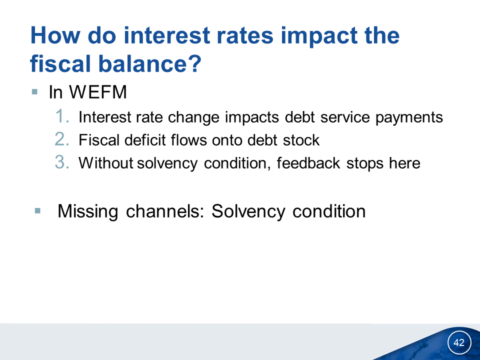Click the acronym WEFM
point(98,92)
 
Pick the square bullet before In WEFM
point(34,92)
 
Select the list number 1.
point(62,116)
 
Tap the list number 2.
point(62,139)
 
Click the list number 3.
point(62,162)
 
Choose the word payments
point(409,117)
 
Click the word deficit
point(145,140)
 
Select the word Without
point(105,163)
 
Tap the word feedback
point(308,163)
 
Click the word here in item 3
point(404,163)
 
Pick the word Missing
point(88,211)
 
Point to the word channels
point(165,211)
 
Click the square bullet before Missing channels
point(37,210)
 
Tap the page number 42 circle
point(459,342)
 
